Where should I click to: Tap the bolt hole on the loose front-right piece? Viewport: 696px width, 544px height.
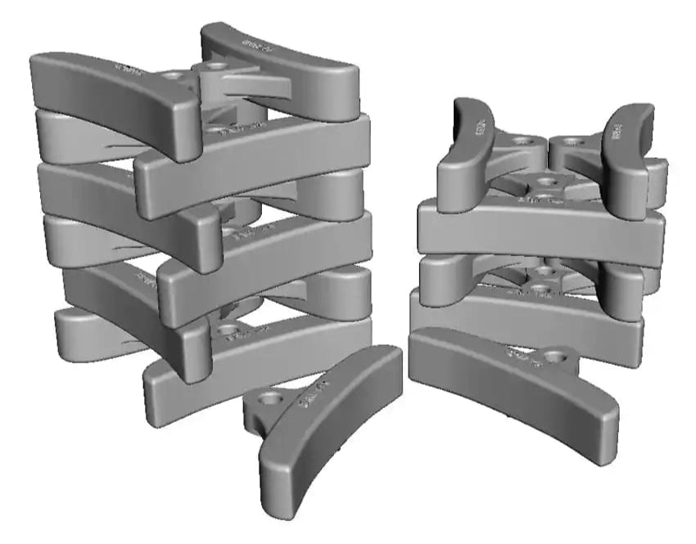pos(558,357)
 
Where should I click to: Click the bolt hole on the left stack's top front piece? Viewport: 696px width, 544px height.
pos(172,75)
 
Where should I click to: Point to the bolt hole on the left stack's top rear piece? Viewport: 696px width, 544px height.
pos(216,63)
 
